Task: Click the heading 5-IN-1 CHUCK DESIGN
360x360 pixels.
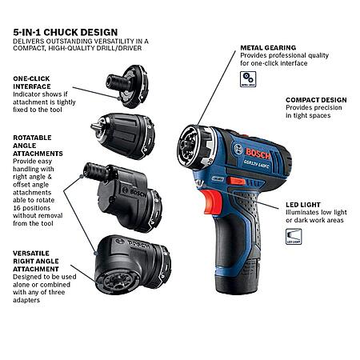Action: pyautogui.click(x=66, y=32)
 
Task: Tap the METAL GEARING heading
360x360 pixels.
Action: pyautogui.click(x=268, y=48)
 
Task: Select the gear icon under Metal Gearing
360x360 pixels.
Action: pyautogui.click(x=248, y=79)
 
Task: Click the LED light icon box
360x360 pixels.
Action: pyautogui.click(x=294, y=237)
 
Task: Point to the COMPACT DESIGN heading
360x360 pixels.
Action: pyautogui.click(x=316, y=100)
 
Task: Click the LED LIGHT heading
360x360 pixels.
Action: pyautogui.click(x=303, y=205)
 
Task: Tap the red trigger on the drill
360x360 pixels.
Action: pyautogui.click(x=212, y=202)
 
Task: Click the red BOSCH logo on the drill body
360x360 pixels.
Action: pyautogui.click(x=258, y=154)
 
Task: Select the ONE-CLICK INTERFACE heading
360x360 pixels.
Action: pyautogui.click(x=32, y=82)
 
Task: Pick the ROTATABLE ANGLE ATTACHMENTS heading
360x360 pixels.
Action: pyautogui.click(x=38, y=146)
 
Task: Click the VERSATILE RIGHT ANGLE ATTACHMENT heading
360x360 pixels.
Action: pyautogui.click(x=36, y=261)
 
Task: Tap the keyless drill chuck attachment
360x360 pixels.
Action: pyautogui.click(x=123, y=136)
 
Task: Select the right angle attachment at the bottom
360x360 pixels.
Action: pyautogui.click(x=133, y=265)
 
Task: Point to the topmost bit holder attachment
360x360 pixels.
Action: pyautogui.click(x=127, y=86)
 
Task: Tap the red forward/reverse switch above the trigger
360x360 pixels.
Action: pyautogui.click(x=236, y=181)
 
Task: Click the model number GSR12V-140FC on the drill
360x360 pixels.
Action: pyautogui.click(x=256, y=164)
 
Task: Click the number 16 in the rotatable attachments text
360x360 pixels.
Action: pyautogui.click(x=17, y=208)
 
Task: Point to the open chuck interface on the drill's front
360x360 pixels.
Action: pyautogui.click(x=194, y=146)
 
